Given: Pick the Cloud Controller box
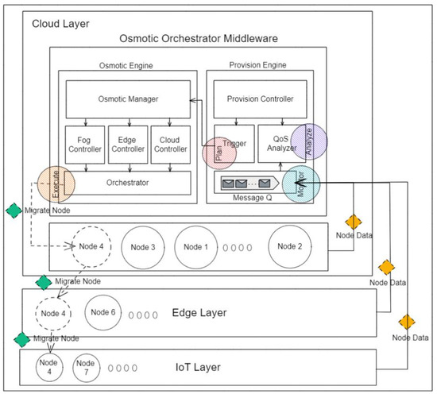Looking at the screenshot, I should pyautogui.click(x=170, y=141).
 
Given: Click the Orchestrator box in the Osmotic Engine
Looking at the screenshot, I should pyautogui.click(x=128, y=182).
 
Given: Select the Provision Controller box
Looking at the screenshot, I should pyautogui.click(x=261, y=100).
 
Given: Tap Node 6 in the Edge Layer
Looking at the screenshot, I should pyautogui.click(x=102, y=311).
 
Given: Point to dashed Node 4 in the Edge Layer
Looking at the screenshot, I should pyautogui.click(x=53, y=311).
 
